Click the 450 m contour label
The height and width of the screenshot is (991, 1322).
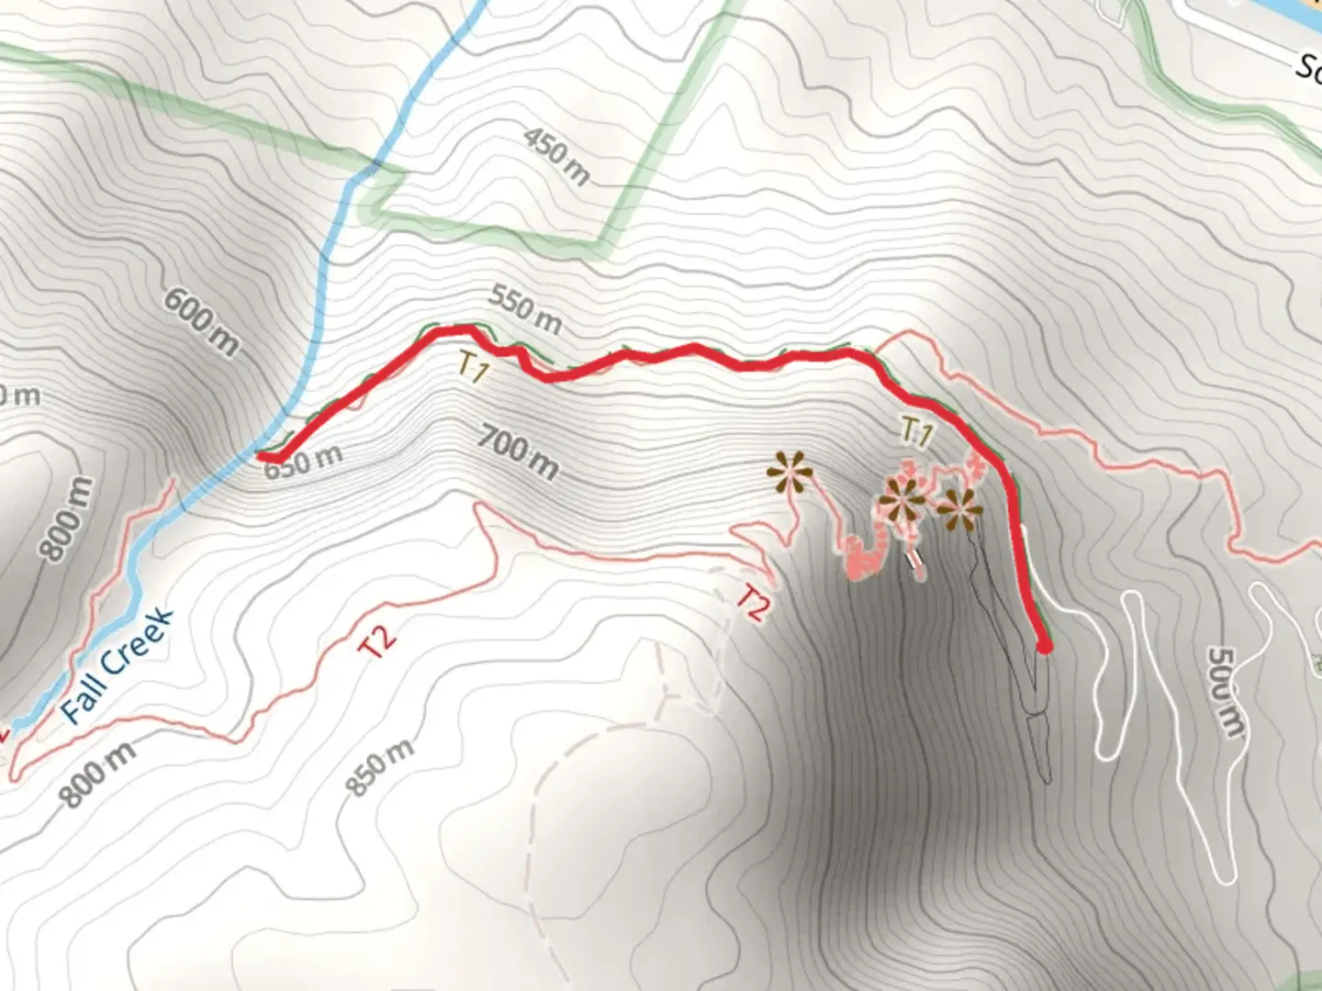point(556,154)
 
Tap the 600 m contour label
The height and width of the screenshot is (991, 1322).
point(202,320)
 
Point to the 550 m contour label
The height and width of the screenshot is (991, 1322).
point(524,308)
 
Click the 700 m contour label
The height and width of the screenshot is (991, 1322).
point(518,452)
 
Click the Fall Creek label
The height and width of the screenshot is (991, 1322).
point(117,664)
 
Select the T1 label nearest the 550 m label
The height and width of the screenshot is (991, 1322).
point(473,369)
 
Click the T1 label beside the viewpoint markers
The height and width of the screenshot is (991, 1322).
point(917,431)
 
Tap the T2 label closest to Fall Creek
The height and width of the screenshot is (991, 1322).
point(377,641)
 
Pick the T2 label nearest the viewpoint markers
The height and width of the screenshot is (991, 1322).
point(752,604)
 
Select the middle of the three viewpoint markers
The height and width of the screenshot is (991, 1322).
point(902,501)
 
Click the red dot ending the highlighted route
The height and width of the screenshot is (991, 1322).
point(1044,647)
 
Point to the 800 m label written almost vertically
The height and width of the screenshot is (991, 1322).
point(67,519)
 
